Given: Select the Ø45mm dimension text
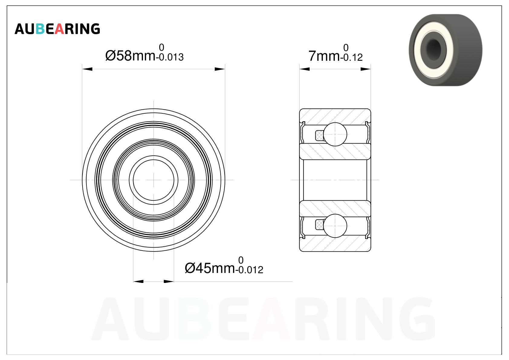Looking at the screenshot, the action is [x=210, y=268].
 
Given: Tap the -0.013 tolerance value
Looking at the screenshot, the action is [x=170, y=57].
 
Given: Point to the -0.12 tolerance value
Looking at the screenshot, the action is [x=351, y=57].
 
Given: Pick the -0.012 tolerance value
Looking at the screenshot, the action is [x=249, y=270].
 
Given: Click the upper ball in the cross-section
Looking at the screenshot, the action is [x=335, y=134].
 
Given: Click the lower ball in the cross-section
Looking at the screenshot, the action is [x=335, y=226].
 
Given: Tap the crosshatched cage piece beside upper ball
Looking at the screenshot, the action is [x=319, y=135].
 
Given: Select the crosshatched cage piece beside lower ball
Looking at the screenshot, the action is [x=319, y=225].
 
